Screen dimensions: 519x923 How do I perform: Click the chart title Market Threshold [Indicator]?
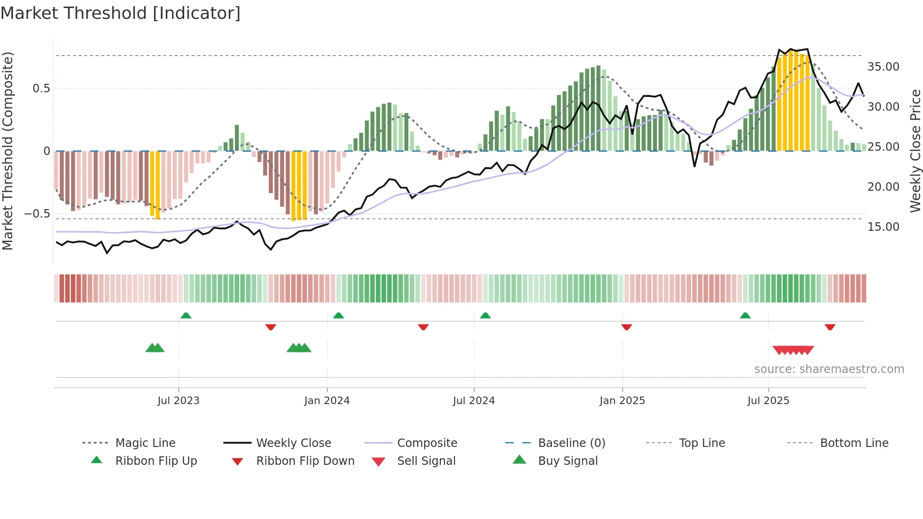121,13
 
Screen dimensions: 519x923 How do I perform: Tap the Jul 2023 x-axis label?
178,401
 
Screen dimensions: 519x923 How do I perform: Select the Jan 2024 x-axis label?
327,401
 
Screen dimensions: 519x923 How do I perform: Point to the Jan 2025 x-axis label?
622,401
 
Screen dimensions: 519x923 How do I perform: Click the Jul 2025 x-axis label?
768,401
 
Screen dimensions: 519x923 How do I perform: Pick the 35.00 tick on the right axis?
883,67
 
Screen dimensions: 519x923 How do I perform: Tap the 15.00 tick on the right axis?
883,227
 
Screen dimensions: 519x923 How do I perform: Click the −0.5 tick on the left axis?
37,214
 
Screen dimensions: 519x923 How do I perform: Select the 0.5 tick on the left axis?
41,89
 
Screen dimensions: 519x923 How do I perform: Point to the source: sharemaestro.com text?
829,369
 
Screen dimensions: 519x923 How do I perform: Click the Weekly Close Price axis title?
915,151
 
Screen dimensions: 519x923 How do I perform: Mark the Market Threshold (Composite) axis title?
8,151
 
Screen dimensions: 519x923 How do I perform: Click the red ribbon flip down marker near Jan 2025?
626,327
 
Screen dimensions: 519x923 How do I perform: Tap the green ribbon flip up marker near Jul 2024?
486,315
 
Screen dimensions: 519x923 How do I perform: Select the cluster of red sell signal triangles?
793,350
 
